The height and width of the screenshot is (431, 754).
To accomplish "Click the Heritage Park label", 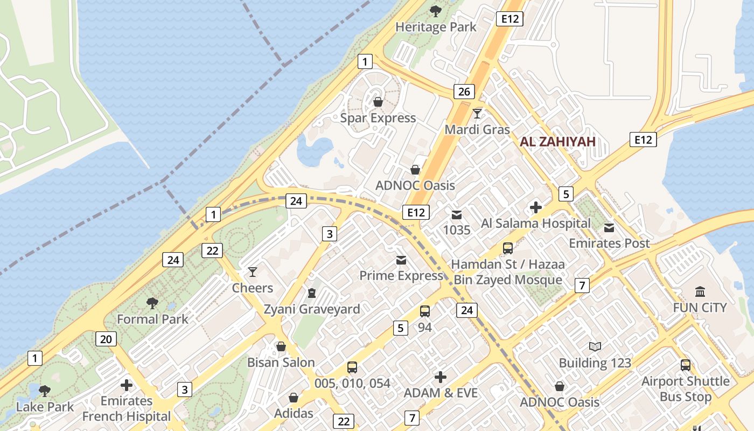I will pos(436,27).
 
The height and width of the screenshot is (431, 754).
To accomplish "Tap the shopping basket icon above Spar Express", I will pos(378,101).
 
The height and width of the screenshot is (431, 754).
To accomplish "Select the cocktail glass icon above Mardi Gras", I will pos(477,113).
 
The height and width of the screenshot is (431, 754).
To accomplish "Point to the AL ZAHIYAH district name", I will pos(557,142).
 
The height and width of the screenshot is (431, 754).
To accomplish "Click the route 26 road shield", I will pos(464,92).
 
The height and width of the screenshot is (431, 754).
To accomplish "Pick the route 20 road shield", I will pos(106,339).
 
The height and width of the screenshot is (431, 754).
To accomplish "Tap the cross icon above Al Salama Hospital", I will pos(536,207).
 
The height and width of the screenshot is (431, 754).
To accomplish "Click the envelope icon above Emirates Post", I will pos(609,227).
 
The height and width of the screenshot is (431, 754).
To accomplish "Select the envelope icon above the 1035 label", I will pos(457,215).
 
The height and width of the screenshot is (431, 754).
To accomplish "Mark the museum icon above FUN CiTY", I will pos(700,292).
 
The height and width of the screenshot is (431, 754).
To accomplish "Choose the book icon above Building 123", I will pos(595,347).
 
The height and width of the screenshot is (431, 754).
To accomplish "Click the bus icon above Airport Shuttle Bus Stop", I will pos(686,365).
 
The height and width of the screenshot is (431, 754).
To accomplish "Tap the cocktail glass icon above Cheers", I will pos(252,272).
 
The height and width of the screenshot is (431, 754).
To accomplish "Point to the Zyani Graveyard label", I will pos(312,309).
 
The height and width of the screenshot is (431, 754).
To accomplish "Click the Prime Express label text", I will pos(401,276).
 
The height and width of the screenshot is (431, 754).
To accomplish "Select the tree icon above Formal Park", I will pos(152,303).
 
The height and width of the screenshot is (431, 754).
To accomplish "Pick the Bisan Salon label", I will pos(281,363).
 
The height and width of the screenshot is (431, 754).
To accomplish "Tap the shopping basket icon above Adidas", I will pos(294,398).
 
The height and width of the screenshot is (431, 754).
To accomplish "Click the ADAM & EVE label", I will pos(441,393).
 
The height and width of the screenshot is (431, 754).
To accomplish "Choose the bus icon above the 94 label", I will pos(425,311).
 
